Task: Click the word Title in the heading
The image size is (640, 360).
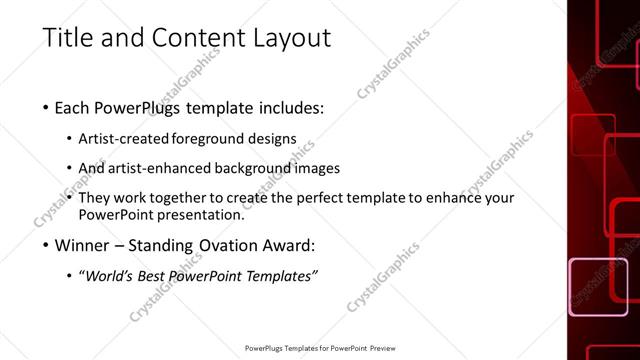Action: (67, 39)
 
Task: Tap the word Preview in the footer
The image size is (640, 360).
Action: (386, 349)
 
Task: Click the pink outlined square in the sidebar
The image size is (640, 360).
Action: (598, 287)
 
